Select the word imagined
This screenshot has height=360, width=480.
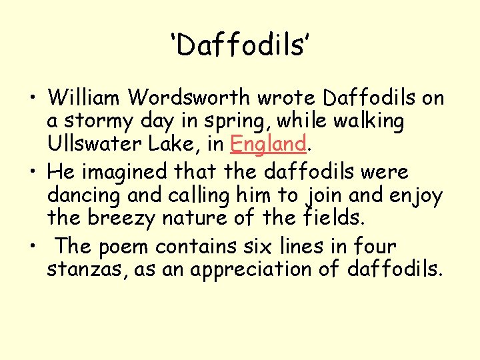pyautogui.click(x=126, y=172)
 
